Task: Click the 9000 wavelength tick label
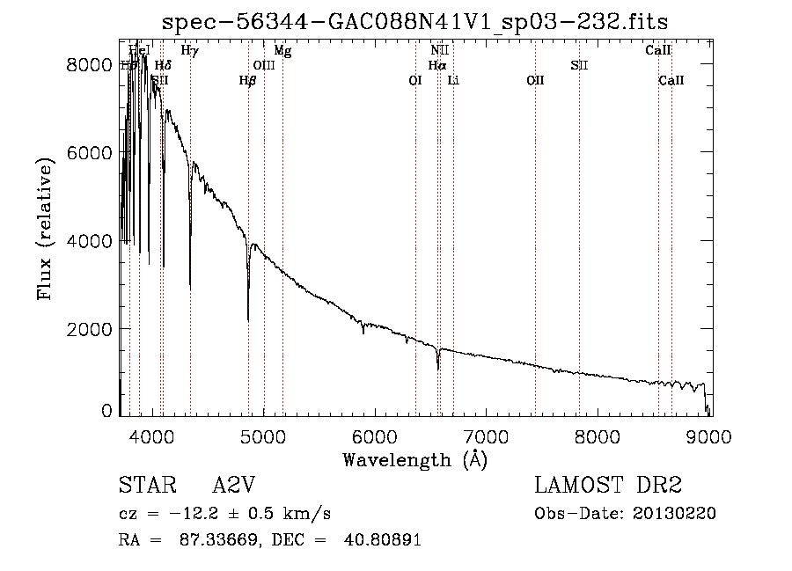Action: point(711,435)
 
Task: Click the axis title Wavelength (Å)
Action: point(414,459)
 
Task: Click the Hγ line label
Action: point(189,51)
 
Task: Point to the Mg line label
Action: point(282,51)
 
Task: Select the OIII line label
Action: point(264,65)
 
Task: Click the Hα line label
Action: point(437,65)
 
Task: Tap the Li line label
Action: point(453,80)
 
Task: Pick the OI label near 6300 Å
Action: point(415,80)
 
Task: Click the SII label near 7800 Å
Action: point(579,65)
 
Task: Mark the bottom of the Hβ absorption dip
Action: point(248,319)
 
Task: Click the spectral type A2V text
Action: point(234,486)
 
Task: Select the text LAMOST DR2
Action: point(608,486)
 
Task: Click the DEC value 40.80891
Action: point(385,540)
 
